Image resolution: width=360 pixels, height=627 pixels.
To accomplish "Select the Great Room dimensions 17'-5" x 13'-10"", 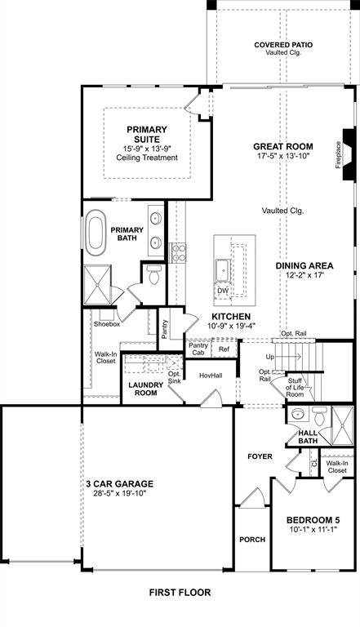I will pos(282,156).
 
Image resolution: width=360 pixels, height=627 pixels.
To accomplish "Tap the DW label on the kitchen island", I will pos(222,290).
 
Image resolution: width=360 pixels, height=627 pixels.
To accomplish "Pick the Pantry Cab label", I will pos(198,349).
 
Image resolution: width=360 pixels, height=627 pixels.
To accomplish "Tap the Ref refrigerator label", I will pos(224,349).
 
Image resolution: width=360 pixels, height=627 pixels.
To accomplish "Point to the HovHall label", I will pos(211,376).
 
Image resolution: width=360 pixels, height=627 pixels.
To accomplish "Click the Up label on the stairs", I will pos(271,358).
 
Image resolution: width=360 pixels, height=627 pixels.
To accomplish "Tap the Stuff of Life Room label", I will pos(294,385).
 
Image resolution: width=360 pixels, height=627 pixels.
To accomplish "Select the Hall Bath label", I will pos(308,437).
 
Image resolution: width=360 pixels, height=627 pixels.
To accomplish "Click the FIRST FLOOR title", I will pos(179,592).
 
